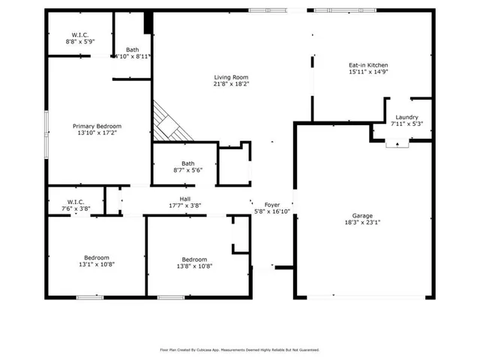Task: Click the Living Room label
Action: click(x=231, y=77)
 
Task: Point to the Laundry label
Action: click(x=406, y=117)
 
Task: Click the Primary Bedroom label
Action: click(x=97, y=126)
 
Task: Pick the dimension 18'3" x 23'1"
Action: click(x=362, y=223)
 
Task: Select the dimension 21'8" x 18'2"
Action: click(x=231, y=85)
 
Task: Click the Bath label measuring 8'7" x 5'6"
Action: click(x=187, y=163)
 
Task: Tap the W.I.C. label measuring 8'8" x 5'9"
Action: click(x=80, y=35)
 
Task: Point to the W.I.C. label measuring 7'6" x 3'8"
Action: click(x=75, y=202)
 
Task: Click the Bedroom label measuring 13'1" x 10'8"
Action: click(x=96, y=257)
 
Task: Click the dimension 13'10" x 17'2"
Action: click(x=97, y=133)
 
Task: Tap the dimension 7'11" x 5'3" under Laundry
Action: click(x=406, y=124)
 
